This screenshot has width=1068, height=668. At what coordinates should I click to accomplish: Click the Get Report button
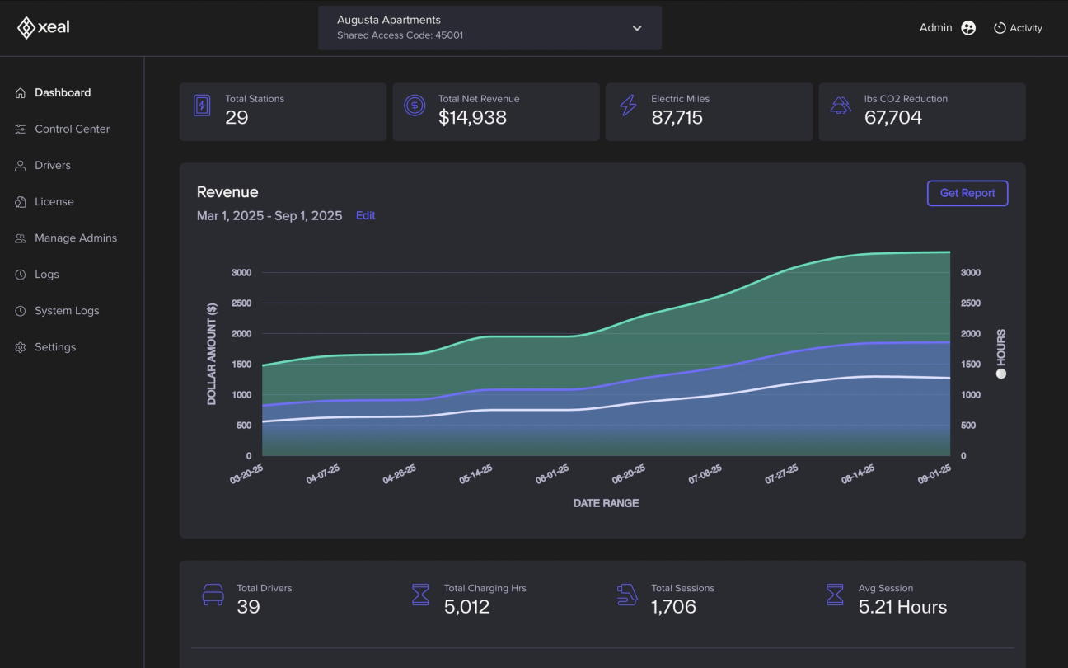967,193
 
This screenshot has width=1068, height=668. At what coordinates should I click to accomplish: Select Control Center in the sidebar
72,129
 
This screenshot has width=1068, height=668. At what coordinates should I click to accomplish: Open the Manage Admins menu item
76,238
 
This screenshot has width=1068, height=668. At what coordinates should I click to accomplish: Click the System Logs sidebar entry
67,311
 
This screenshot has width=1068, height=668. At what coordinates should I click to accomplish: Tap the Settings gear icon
21,347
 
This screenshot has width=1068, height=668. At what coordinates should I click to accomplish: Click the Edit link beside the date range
365,215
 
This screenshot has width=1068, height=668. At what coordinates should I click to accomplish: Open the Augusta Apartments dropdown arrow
637,28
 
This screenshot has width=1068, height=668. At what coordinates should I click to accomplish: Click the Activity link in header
1019,28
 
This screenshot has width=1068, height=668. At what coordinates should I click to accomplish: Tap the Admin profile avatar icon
968,28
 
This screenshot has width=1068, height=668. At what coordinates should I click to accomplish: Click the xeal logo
44,27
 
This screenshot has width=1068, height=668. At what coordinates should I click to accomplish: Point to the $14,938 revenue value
472,117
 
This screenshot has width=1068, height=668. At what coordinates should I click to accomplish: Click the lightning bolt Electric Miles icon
628,106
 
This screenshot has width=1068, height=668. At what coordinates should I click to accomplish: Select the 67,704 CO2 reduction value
892,117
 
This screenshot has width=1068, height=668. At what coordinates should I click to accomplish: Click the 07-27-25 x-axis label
781,473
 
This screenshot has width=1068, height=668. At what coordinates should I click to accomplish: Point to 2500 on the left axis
241,303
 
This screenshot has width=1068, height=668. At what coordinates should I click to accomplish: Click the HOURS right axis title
1001,348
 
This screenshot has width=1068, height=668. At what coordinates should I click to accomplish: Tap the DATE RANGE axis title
606,503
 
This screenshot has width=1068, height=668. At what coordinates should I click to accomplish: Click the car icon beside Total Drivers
213,595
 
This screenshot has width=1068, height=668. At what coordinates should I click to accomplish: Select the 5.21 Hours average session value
902,607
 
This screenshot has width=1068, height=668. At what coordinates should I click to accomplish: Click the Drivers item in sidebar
52,166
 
